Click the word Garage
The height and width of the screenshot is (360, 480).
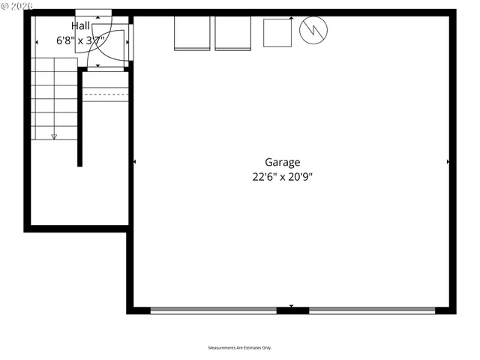point(282,162)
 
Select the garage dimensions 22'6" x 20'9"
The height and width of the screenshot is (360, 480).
point(282,178)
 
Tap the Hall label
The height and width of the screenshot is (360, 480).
point(80,26)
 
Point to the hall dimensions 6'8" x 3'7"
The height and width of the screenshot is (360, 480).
point(80,41)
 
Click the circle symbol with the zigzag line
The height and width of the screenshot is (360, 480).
point(313,30)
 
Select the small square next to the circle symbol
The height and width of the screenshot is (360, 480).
point(277,31)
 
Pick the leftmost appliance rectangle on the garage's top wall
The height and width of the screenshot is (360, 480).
point(192,33)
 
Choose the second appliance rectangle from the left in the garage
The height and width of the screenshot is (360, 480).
point(232,33)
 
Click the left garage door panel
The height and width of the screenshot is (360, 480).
point(214,310)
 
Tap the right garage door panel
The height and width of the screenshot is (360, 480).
point(372,310)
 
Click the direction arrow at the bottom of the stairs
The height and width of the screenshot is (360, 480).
point(54,136)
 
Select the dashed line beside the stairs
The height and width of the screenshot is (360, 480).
point(106,95)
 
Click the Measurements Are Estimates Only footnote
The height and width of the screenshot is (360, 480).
point(240,348)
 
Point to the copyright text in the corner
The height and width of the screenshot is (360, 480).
point(16,6)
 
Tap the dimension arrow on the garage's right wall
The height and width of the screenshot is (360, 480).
point(448,162)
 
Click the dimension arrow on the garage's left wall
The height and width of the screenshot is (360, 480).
point(135,162)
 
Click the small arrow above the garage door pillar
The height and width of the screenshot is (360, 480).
point(292,305)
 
